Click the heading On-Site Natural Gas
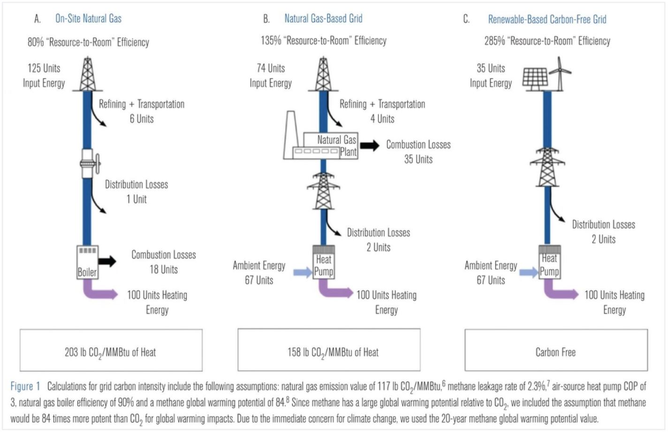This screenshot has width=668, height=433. [88, 19]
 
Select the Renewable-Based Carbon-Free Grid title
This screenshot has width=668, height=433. [547, 19]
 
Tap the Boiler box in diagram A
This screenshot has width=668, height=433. [87, 262]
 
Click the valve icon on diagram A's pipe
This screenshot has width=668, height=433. [89, 163]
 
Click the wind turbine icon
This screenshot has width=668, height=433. [560, 73]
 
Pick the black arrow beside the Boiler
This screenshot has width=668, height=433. [107, 261]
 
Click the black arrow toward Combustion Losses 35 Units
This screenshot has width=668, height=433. [370, 146]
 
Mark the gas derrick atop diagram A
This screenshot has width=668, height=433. [87, 74]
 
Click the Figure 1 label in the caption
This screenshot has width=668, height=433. [25, 387]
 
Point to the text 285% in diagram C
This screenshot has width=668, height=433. [494, 41]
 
